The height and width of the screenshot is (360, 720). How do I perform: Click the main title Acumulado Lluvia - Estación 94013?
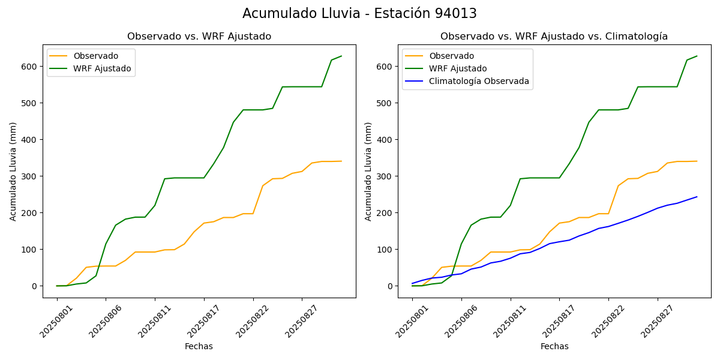pyautogui.click(x=359, y=14)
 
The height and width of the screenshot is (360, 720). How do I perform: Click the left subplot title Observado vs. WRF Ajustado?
pyautogui.click(x=199, y=37)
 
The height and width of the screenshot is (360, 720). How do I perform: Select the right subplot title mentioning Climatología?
pyautogui.click(x=554, y=37)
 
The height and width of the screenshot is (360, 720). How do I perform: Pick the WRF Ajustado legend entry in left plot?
pyautogui.click(x=102, y=68)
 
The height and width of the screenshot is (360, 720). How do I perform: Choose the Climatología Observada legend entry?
pyautogui.click(x=479, y=82)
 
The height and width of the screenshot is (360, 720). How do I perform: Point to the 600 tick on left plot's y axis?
pyautogui.click(x=31, y=66)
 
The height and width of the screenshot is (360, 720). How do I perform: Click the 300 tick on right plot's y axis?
pyautogui.click(x=386, y=176)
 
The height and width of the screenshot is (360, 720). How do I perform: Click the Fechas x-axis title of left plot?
pyautogui.click(x=199, y=346)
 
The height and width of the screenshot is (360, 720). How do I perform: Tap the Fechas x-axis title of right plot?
pyautogui.click(x=554, y=346)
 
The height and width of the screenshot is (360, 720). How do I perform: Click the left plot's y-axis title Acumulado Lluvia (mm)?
pyautogui.click(x=13, y=171)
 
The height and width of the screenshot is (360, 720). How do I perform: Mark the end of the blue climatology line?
pyautogui.click(x=697, y=197)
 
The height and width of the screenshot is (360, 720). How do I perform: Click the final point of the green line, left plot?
pyautogui.click(x=341, y=56)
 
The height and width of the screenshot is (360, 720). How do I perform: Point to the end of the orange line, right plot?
pyautogui.click(x=697, y=161)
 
